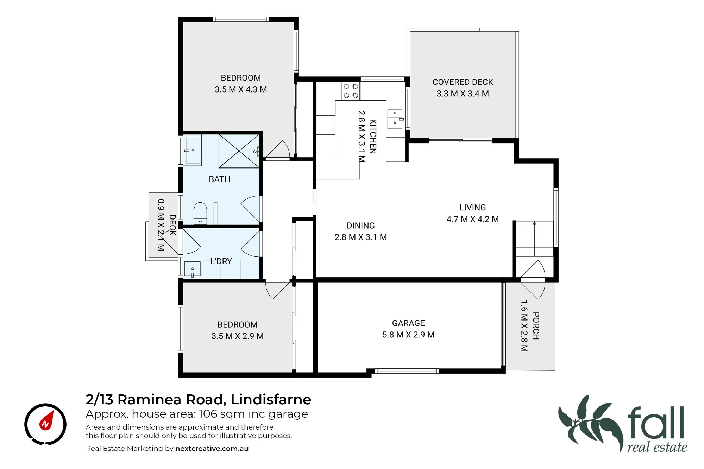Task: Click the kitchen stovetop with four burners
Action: tap(351, 91)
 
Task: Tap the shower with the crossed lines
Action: tap(239, 151)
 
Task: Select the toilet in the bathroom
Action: tap(200, 213)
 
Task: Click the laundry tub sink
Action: tap(193, 270)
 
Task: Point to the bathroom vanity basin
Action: tap(193, 150)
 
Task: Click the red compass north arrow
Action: tap(46, 420)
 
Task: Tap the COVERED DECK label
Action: tap(463, 82)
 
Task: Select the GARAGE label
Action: tap(408, 323)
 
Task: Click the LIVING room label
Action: tap(473, 208)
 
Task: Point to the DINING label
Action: tap(361, 226)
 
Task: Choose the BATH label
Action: tap(220, 179)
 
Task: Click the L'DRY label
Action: tap(221, 261)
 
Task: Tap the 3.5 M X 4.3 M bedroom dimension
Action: tap(241, 89)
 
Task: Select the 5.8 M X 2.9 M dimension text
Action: tap(408, 335)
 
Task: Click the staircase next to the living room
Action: tap(535, 239)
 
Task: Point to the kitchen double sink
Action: tap(395, 119)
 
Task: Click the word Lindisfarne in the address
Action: tap(271, 400)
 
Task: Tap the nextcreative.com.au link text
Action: tap(212, 449)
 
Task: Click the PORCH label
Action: tap(536, 326)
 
